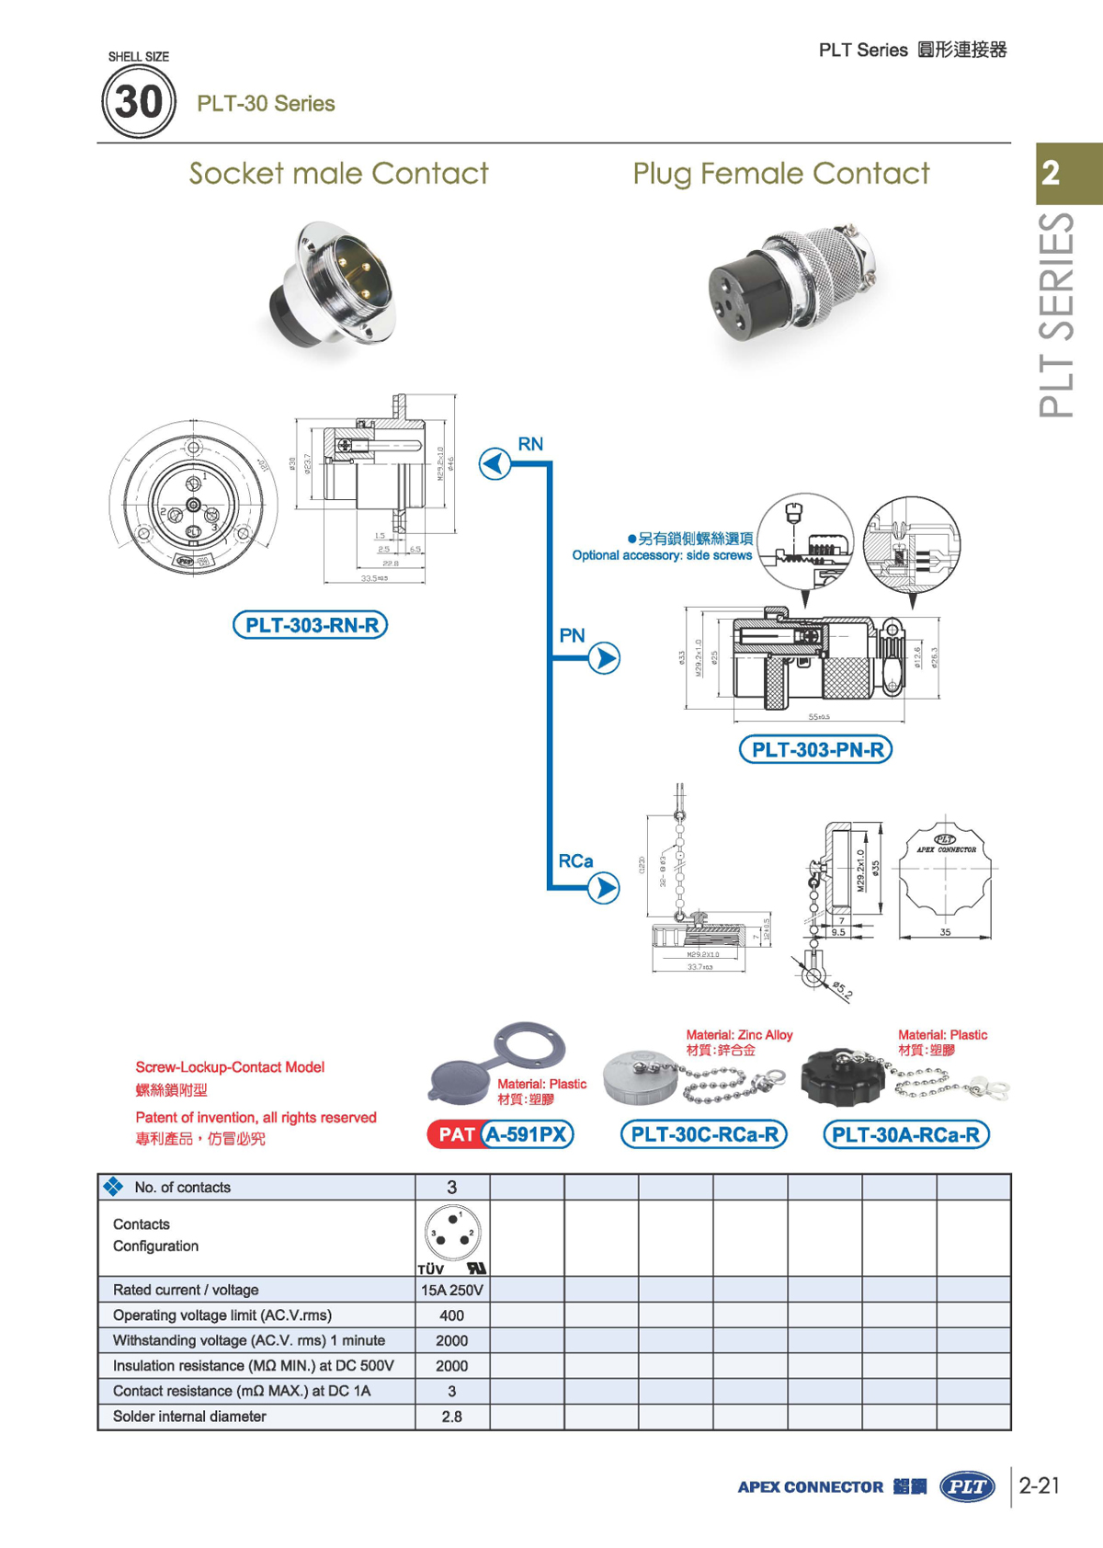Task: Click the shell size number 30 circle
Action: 138,101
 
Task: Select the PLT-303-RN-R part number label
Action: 311,625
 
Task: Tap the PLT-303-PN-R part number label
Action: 816,749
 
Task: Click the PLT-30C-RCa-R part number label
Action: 704,1134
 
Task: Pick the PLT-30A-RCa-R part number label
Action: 905,1134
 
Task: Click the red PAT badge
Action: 456,1134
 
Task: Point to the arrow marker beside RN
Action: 495,463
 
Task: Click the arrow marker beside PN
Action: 604,658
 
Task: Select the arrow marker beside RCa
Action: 604,888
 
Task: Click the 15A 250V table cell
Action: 452,1290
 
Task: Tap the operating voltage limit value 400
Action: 452,1315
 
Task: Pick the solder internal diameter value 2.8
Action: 452,1417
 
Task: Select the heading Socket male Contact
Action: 338,173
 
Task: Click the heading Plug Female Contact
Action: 781,173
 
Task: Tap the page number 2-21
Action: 1040,1485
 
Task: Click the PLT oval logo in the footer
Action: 967,1486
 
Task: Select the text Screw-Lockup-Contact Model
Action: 230,1067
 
